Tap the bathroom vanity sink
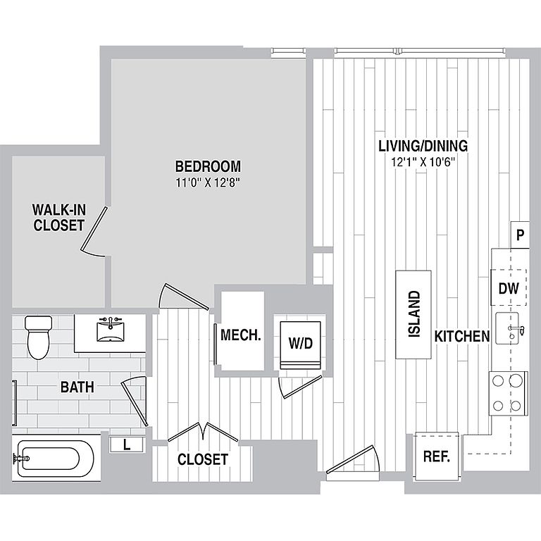[110, 330]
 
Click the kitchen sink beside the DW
[507, 328]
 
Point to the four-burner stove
[507, 393]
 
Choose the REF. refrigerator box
[437, 456]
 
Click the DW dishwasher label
[509, 288]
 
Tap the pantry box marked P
[520, 235]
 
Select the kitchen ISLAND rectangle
[413, 314]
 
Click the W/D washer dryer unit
[301, 345]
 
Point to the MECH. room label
[240, 335]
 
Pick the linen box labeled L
[127, 444]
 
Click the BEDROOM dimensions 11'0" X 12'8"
[208, 182]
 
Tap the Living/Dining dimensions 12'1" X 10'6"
[423, 162]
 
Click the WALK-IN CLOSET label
[59, 218]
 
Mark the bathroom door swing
[135, 400]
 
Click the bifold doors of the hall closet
[203, 432]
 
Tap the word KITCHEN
[462, 336]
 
